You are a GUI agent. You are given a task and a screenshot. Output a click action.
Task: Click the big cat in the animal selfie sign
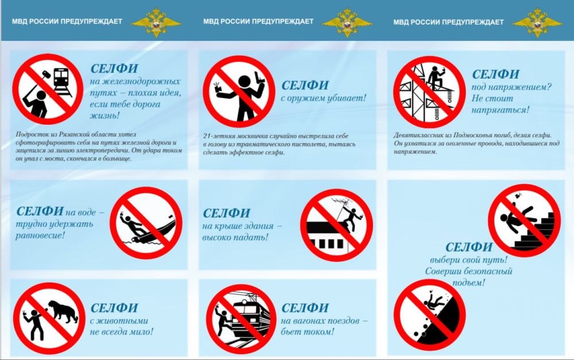(63, 311)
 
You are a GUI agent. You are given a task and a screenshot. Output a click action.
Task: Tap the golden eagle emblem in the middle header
(347, 22)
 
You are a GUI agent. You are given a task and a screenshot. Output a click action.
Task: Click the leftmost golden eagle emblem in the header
(156, 22)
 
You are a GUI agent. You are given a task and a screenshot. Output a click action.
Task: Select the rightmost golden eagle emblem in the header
(537, 22)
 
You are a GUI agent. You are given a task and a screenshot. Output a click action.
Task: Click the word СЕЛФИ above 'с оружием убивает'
(305, 86)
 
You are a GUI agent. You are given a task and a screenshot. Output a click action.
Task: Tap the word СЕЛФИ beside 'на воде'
(40, 211)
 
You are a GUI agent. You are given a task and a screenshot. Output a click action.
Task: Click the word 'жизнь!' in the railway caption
(104, 116)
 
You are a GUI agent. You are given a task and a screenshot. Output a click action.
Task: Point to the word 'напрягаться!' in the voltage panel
(501, 110)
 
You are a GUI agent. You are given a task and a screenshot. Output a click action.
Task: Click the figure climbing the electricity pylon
(436, 78)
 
